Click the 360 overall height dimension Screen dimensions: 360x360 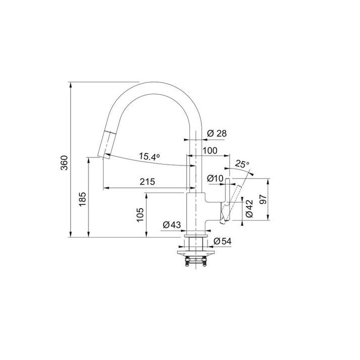point(64,162)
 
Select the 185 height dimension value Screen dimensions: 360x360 point(82,199)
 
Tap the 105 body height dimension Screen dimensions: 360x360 point(140,215)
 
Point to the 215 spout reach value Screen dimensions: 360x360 point(147,182)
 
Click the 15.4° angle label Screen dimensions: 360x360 point(149,156)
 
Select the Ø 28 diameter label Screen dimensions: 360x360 point(216,133)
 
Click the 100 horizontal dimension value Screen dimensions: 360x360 point(209,150)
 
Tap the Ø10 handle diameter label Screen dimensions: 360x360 point(215,178)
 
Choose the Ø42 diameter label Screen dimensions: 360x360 point(249,208)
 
